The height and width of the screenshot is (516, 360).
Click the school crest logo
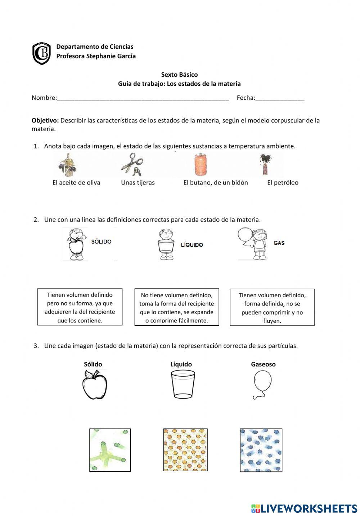pos(41,53)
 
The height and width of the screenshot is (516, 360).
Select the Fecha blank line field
pos(280,98)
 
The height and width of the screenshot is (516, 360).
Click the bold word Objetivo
pos(45,120)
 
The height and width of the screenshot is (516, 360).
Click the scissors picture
pos(132,164)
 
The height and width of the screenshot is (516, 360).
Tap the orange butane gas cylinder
pos(201,165)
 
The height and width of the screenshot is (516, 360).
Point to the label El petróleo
pos(283,183)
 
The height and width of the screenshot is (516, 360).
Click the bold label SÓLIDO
pos(101,242)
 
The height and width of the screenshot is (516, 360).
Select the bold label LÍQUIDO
pos(192,245)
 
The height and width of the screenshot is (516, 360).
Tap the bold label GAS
pos(279,243)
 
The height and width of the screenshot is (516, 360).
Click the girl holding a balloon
pos(253,243)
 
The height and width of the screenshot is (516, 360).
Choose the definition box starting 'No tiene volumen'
pos(176,307)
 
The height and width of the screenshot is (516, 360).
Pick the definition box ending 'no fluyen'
pos(272,307)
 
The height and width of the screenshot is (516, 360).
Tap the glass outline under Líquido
pos(183,384)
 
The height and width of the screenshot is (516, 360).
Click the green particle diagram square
pos(110,450)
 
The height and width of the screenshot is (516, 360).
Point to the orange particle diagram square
pos(185,450)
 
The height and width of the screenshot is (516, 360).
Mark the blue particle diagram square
pos(261,450)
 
